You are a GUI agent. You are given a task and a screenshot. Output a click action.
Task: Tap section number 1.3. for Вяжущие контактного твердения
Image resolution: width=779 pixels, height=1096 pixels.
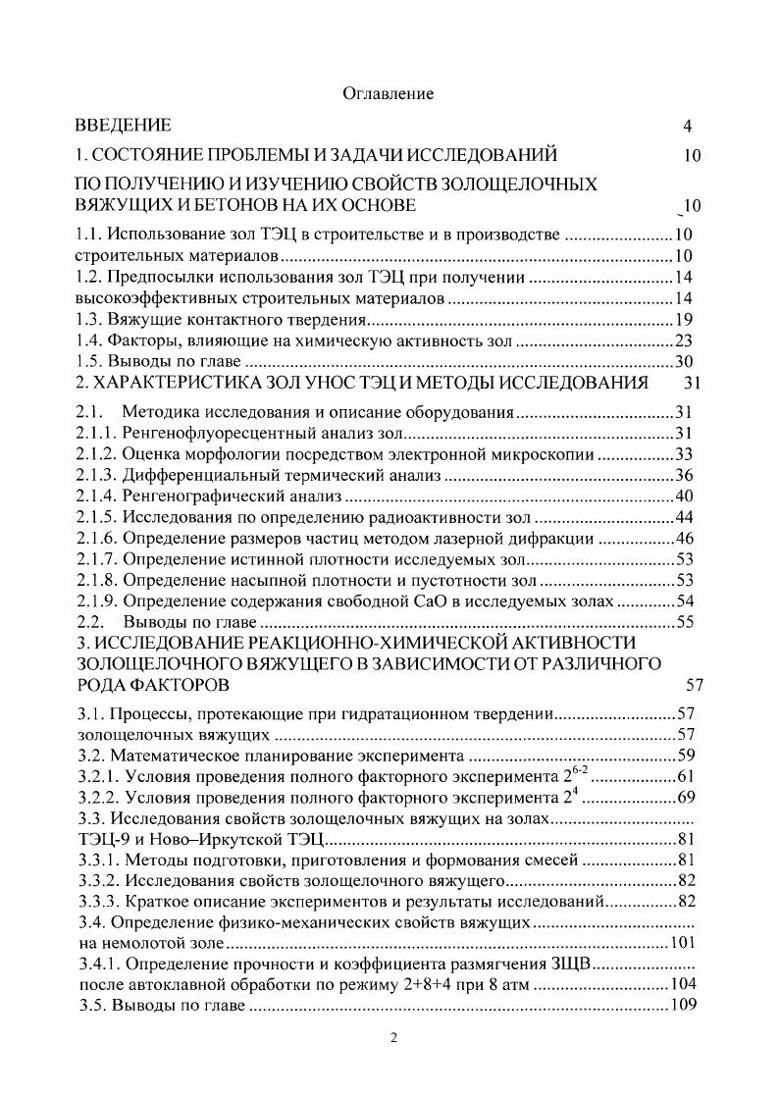click(x=91, y=319)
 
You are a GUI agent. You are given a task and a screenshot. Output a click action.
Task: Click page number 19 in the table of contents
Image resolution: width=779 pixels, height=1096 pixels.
click(x=685, y=319)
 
